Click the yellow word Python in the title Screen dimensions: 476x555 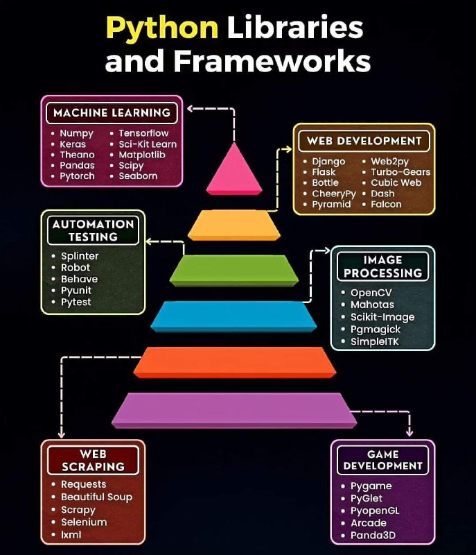162,28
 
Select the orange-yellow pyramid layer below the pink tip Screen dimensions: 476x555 234,225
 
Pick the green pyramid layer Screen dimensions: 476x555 234,271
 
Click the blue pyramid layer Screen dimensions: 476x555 233,316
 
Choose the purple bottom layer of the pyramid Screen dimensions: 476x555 234,411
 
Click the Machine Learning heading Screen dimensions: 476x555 112,113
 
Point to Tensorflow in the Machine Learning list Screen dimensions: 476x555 143,133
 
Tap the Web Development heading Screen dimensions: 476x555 364,141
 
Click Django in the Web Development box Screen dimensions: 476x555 328,162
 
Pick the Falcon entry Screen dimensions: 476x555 386,204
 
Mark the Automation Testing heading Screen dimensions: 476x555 94,230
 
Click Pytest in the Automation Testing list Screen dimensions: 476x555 76,302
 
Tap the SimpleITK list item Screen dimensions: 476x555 375,341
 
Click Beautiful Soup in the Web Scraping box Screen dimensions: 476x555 96,497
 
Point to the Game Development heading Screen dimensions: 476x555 382,460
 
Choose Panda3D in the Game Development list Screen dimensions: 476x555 373,535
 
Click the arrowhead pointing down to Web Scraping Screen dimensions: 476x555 62,434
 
